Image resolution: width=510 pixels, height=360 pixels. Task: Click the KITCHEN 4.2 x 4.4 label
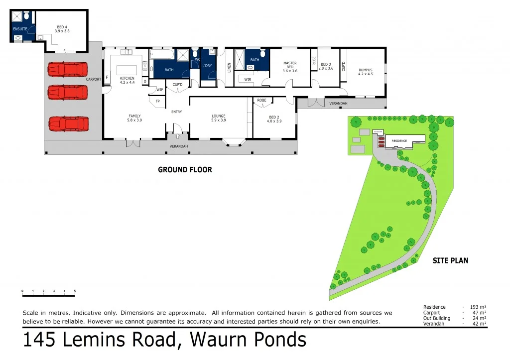(x=127, y=80)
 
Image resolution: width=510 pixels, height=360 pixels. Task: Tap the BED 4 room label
(x=62, y=28)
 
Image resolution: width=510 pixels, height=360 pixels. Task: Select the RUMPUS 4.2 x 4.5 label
(x=365, y=72)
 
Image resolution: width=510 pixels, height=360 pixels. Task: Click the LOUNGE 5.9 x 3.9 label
(x=218, y=118)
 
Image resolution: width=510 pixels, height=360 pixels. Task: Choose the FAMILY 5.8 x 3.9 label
(x=134, y=118)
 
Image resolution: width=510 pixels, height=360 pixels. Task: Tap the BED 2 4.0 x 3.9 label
(x=274, y=119)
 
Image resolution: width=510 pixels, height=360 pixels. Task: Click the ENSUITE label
(x=20, y=29)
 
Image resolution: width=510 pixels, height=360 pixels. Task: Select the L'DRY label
(x=207, y=66)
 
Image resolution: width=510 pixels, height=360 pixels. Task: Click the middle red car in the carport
(x=68, y=92)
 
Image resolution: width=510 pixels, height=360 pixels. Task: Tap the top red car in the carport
(x=68, y=69)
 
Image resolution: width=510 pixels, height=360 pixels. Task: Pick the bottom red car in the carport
(x=68, y=123)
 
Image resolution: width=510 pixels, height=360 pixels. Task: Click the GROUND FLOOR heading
(x=185, y=170)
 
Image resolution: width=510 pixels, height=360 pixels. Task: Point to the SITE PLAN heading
(x=450, y=260)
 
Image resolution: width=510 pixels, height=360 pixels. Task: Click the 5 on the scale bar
(x=75, y=291)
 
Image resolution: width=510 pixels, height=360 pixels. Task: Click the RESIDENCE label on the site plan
(x=399, y=141)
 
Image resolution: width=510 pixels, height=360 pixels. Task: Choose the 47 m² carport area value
(x=479, y=313)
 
